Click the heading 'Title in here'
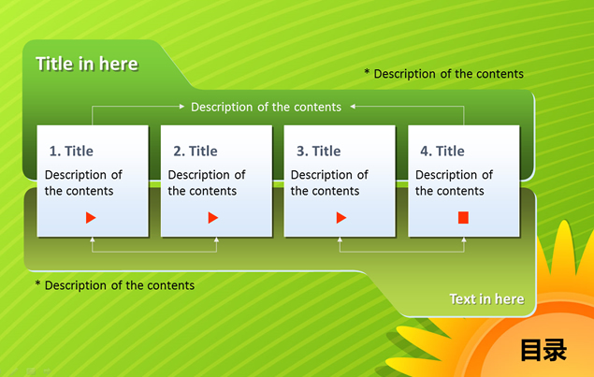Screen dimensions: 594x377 (87, 64)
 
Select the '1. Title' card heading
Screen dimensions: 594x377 (71, 152)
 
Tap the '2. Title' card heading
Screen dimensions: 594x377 (196, 152)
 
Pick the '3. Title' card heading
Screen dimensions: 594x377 (319, 152)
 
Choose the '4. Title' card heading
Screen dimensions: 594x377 (442, 152)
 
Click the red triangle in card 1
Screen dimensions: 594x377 (91, 218)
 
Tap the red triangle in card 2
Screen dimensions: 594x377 (213, 218)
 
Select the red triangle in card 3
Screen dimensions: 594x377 (341, 218)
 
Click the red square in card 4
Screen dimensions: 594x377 (463, 218)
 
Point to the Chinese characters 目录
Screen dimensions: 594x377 (543, 350)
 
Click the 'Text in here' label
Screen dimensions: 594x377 (486, 299)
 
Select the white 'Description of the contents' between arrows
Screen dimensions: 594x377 (266, 108)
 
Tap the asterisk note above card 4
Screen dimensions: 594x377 (444, 74)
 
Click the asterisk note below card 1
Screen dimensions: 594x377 (115, 285)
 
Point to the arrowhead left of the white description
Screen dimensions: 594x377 (181, 107)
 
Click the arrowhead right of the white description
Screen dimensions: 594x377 (353, 107)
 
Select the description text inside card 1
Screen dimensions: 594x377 (83, 182)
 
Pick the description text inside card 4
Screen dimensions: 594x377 (454, 182)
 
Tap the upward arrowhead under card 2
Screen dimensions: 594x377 (216, 239)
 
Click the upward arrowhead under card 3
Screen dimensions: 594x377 (340, 239)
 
